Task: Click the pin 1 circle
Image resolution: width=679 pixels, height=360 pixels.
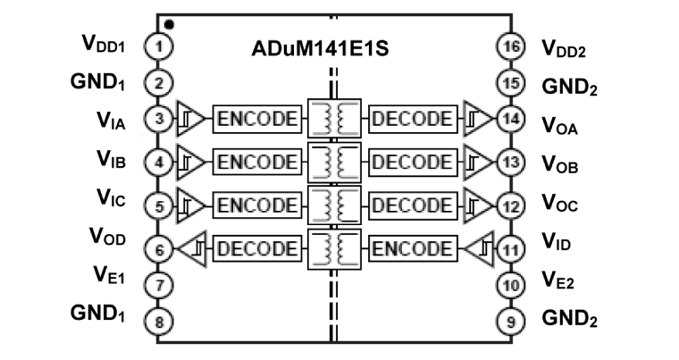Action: [x=158, y=45]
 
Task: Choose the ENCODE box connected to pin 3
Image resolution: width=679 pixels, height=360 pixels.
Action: [x=255, y=119]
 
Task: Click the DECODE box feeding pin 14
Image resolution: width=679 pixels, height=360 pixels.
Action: [x=412, y=119]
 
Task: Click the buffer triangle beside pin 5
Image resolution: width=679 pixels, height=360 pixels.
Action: [x=190, y=205]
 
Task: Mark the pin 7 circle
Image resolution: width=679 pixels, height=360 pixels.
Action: [x=158, y=285]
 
